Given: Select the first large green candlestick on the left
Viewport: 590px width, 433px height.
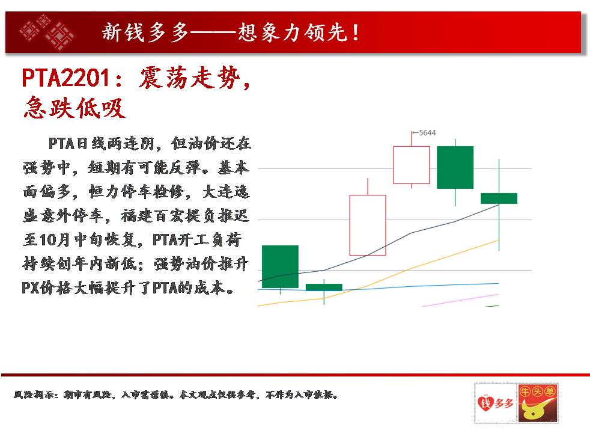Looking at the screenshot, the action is pos(280,266).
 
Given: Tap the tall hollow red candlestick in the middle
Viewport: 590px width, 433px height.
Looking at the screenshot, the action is pos(368,225).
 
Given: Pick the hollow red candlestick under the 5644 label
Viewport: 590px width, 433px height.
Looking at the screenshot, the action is pos(412,165).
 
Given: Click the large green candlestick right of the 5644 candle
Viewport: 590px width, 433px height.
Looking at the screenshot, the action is pos(455,167).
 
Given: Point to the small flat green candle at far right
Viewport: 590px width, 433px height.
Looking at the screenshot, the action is pos(499,198).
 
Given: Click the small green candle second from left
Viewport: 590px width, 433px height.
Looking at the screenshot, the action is pos(324,287).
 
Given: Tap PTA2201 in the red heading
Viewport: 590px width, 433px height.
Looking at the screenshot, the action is pos(66,78).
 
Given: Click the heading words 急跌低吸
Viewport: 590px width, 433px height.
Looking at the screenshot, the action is pos(74,108).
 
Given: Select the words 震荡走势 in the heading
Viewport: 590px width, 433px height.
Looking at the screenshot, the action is pos(190,78).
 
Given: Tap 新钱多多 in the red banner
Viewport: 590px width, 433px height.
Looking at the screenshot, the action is pos(145,32).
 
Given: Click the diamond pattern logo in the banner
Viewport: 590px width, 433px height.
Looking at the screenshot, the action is pos(47,32).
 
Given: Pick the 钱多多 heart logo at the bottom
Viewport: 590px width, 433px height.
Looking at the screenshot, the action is pos(495,404).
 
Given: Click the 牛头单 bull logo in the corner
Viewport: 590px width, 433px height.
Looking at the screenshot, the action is pos(538,403).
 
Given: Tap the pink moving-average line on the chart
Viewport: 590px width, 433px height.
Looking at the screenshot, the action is pos(460,301).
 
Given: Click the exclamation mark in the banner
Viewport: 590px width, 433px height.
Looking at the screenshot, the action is pos(356,32).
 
